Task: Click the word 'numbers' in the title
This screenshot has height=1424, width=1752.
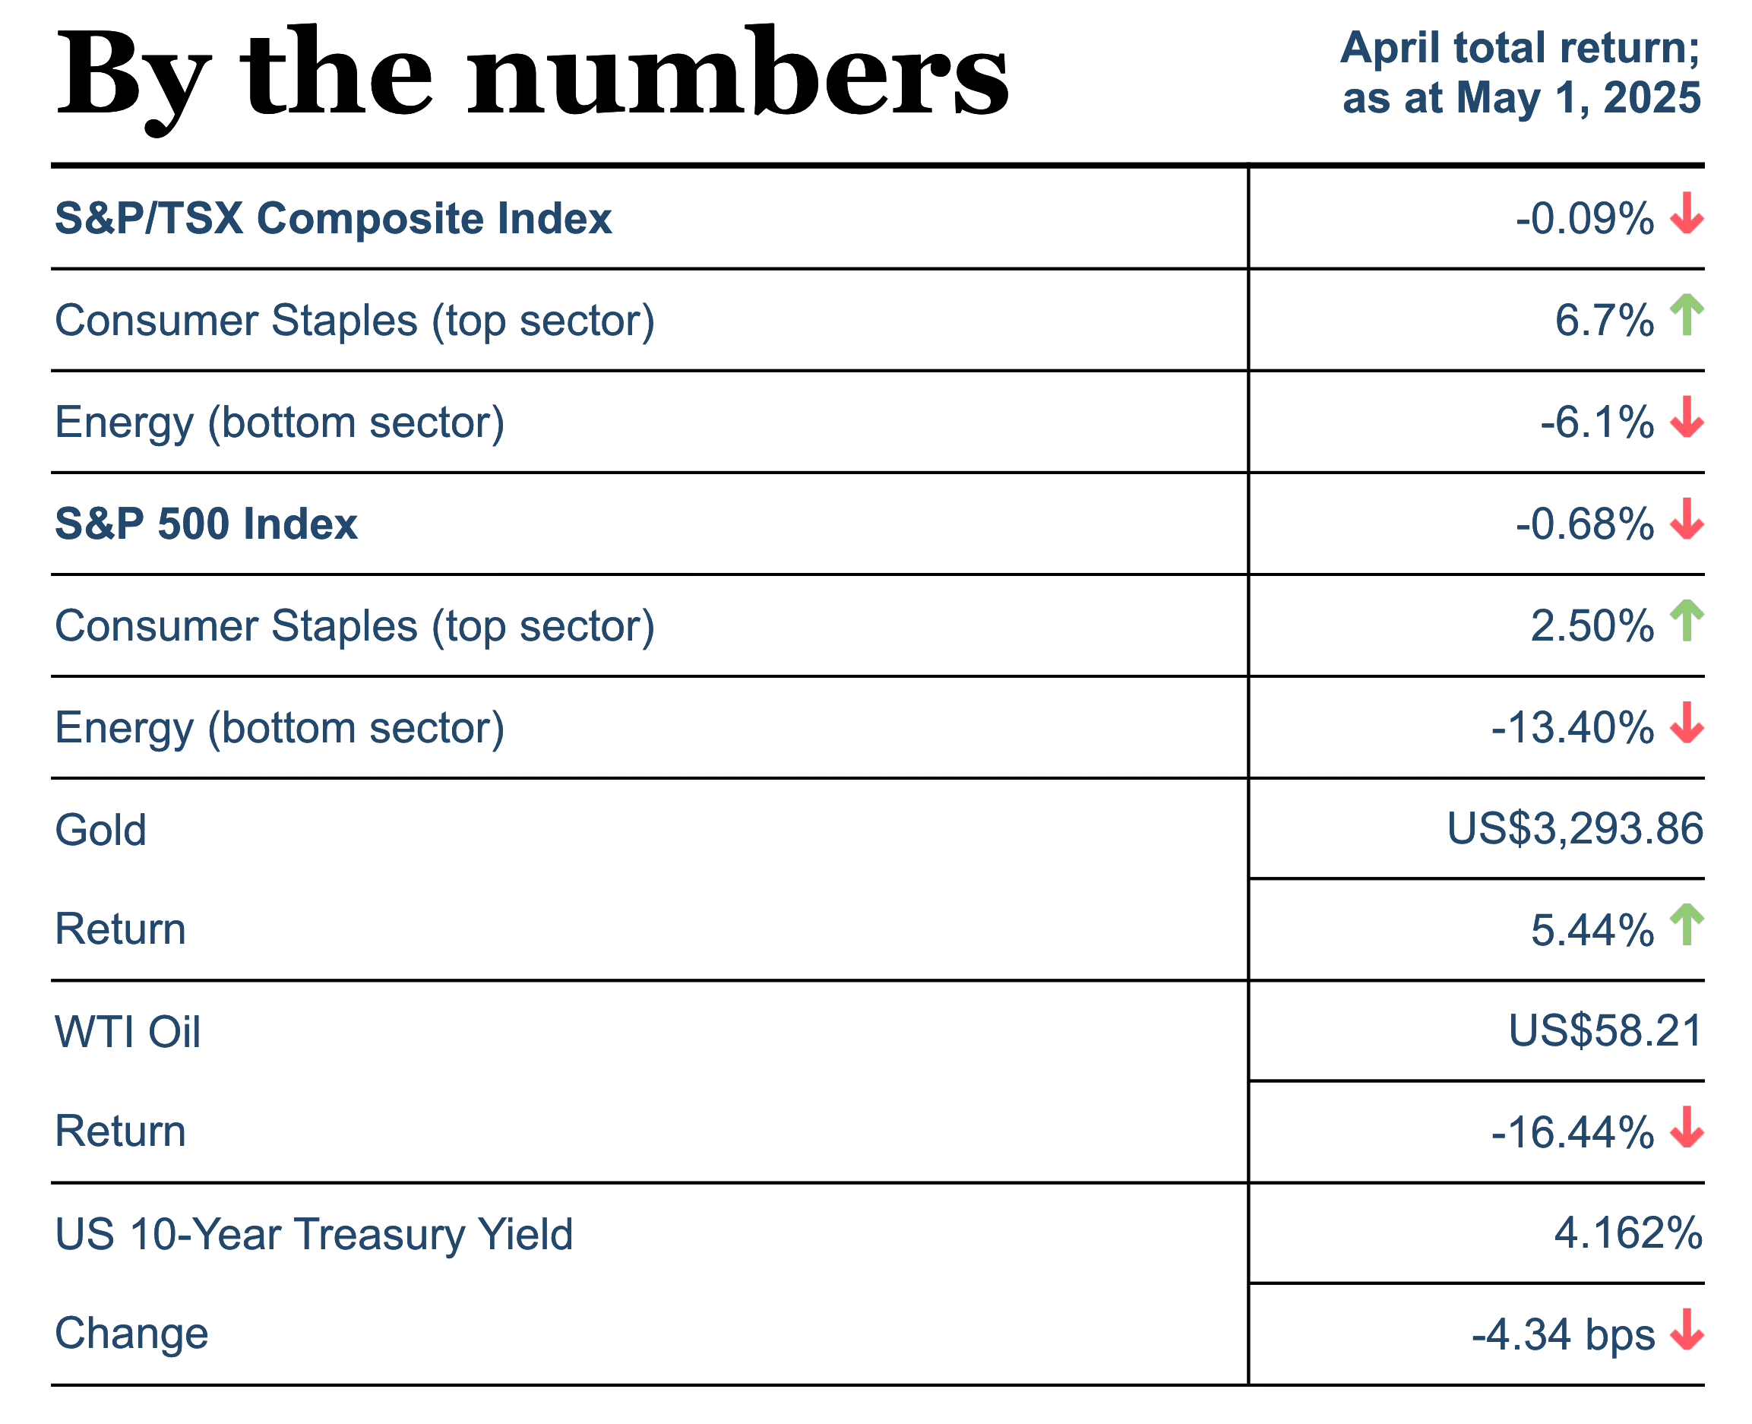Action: [x=738, y=74]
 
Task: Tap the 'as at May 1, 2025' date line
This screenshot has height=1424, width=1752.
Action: [x=1521, y=99]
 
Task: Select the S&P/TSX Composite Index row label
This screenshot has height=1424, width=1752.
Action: [x=333, y=219]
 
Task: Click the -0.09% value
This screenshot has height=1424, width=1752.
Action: [x=1584, y=219]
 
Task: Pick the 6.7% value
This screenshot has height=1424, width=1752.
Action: [x=1604, y=321]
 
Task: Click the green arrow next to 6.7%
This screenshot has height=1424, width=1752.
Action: [x=1687, y=315]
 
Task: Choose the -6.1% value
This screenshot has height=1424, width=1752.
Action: [x=1596, y=423]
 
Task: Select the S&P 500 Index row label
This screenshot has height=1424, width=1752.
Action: [x=206, y=524]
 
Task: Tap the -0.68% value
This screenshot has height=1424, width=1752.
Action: [x=1584, y=524]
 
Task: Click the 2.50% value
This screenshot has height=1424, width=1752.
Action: [x=1591, y=627]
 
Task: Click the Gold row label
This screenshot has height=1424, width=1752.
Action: [x=100, y=830]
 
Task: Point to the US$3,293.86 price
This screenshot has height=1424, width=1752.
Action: [x=1574, y=828]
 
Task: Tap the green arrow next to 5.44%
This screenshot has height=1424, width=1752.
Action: [x=1687, y=925]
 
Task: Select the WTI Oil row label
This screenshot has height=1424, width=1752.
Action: [x=127, y=1032]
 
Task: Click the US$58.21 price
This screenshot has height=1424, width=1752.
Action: [x=1605, y=1031]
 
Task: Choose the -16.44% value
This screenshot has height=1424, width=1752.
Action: [x=1571, y=1133]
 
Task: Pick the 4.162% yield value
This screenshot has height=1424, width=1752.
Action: [x=1628, y=1234]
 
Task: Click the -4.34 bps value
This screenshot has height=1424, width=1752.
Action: [x=1563, y=1334]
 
